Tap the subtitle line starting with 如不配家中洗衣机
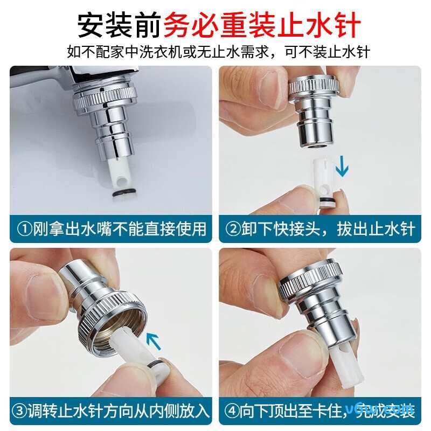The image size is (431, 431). tap(215, 52)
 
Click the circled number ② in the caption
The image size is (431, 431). tap(233, 228)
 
